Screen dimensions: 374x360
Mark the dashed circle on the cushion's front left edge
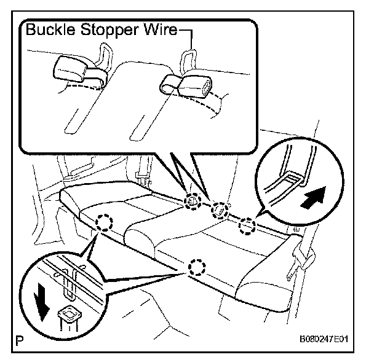[103, 221]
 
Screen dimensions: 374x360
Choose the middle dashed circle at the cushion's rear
[219, 211]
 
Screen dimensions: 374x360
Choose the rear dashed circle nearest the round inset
[246, 226]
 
